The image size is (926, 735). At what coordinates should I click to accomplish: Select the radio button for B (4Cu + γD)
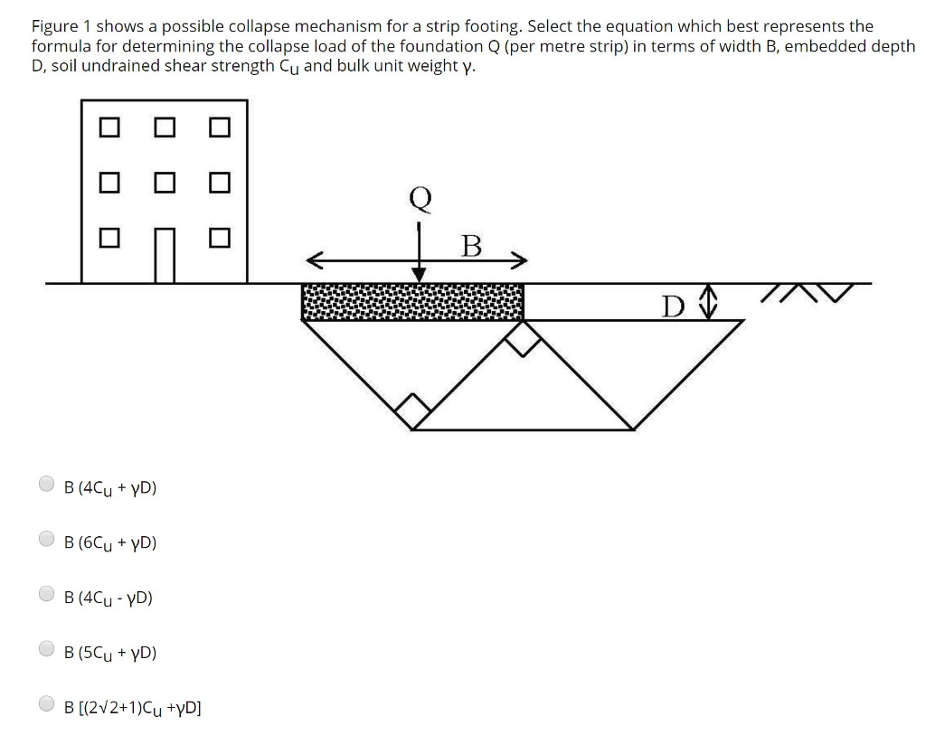pos(47,485)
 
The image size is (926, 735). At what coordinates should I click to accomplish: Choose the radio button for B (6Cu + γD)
pos(47,540)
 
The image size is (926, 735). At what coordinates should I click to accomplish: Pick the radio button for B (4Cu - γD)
pos(47,595)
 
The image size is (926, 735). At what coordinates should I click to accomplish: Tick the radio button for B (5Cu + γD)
pos(47,649)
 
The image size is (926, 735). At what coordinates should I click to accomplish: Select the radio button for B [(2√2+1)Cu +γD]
pos(47,704)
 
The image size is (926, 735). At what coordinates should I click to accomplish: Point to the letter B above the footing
pos(471,246)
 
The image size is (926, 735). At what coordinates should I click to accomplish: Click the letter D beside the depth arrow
pos(671,306)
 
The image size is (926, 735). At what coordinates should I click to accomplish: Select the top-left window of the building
pos(109,127)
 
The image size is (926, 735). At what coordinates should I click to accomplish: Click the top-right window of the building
pos(219,127)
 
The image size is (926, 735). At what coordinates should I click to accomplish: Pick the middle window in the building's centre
pos(164,183)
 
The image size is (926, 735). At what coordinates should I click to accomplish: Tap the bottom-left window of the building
pos(109,239)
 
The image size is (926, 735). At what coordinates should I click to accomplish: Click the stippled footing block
pos(412,302)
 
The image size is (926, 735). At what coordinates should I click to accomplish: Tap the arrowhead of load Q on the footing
pos(420,274)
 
